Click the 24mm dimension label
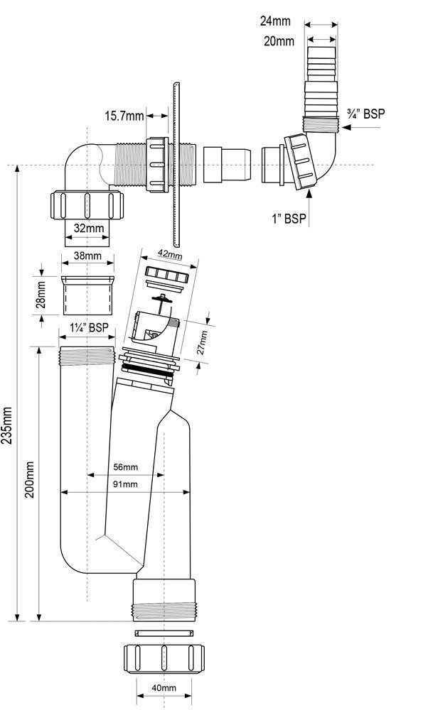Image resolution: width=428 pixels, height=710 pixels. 275,21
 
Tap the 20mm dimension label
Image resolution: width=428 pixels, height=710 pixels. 279,41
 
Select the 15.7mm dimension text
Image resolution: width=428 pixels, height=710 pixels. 124,116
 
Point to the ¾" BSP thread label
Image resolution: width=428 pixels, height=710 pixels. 365,113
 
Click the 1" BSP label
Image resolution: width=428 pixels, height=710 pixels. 289,219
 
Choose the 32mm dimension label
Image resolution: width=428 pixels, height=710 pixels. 89,228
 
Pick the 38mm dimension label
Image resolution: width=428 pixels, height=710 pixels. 87,256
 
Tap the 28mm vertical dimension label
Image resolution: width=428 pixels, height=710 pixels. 41,295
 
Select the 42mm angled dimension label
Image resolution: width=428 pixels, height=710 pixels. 171,255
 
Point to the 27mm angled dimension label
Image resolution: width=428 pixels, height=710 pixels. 203,342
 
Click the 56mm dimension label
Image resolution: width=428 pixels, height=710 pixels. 126,467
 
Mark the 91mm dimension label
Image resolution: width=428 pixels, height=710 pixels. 126,484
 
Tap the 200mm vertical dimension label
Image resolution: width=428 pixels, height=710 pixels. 29,479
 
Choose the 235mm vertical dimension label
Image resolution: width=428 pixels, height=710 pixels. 8,425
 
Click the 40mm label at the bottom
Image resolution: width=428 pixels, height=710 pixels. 164,688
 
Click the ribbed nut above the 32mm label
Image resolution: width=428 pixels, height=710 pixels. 87,204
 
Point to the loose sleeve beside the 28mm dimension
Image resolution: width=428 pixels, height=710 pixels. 87,295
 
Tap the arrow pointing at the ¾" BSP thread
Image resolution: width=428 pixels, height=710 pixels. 361,127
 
